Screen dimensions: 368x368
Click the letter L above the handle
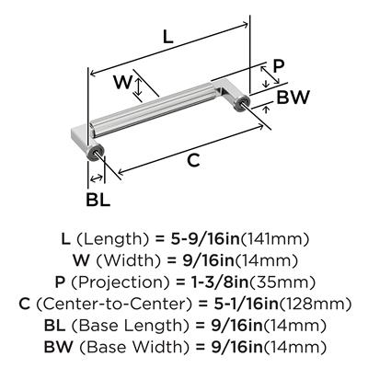pyautogui.click(x=167, y=37)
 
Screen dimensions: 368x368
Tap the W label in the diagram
pyautogui.click(x=122, y=82)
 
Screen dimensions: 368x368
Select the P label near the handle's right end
pyautogui.click(x=279, y=66)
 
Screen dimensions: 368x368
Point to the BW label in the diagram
pyautogui.click(x=293, y=98)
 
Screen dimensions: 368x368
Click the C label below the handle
pyautogui.click(x=193, y=160)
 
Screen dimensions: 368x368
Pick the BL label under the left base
pyautogui.click(x=98, y=200)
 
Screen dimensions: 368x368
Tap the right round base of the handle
pyautogui.click(x=241, y=102)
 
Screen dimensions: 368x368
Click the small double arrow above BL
pyautogui.click(x=97, y=178)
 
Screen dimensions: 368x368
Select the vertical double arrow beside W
pyautogui.click(x=139, y=86)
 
